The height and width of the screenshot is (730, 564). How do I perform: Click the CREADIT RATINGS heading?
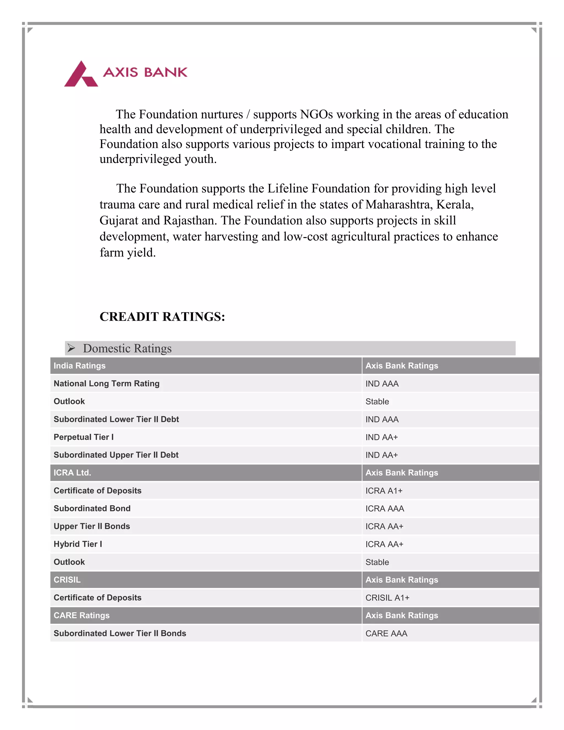pyautogui.click(x=162, y=317)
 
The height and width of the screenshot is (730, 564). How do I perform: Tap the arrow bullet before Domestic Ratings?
pyautogui.click(x=71, y=348)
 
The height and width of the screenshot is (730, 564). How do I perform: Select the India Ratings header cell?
pyautogui.click(x=80, y=366)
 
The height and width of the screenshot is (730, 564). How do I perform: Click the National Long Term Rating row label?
pyautogui.click(x=107, y=383)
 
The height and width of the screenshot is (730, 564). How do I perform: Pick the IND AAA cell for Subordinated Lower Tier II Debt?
pyautogui.click(x=382, y=420)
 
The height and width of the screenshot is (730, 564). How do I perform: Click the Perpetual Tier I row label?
pyautogui.click(x=83, y=437)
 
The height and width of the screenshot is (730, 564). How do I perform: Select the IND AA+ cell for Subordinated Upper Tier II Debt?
pyautogui.click(x=382, y=455)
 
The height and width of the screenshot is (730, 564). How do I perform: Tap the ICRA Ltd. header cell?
pyautogui.click(x=72, y=473)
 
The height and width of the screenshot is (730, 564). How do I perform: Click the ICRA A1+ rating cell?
pyautogui.click(x=384, y=491)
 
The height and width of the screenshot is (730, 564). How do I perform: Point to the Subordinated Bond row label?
pyautogui.click(x=92, y=509)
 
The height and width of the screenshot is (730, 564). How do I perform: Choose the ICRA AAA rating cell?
pyautogui.click(x=384, y=509)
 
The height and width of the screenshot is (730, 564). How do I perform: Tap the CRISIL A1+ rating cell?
pyautogui.click(x=387, y=598)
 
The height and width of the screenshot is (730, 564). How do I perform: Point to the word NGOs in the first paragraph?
pyautogui.click(x=316, y=114)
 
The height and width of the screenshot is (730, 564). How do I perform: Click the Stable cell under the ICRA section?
pyautogui.click(x=377, y=562)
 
